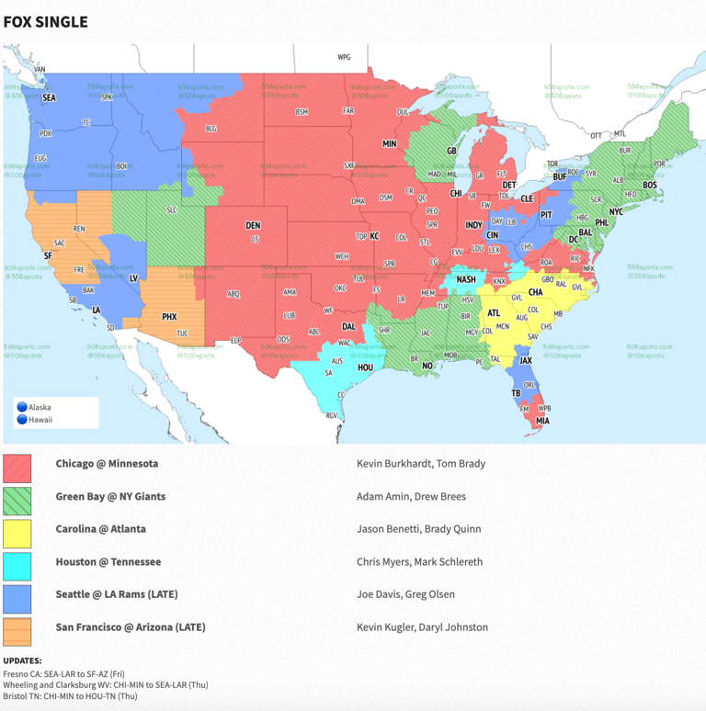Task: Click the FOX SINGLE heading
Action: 46,21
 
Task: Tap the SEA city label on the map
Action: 49,96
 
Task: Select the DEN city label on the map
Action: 253,225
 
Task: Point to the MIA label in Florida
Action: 543,422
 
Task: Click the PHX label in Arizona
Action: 169,317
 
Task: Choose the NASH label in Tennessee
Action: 467,279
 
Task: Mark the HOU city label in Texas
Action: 364,367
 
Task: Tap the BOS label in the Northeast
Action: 650,186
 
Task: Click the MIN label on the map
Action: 389,144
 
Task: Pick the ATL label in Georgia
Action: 494,313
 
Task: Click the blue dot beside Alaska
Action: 21,407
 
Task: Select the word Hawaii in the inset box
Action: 40,420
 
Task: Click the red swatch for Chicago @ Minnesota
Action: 17,468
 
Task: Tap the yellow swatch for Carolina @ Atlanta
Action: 17,534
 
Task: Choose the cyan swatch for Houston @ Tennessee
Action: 17,566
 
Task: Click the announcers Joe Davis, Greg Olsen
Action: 405,594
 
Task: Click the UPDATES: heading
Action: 22,660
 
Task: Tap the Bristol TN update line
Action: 70,696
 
